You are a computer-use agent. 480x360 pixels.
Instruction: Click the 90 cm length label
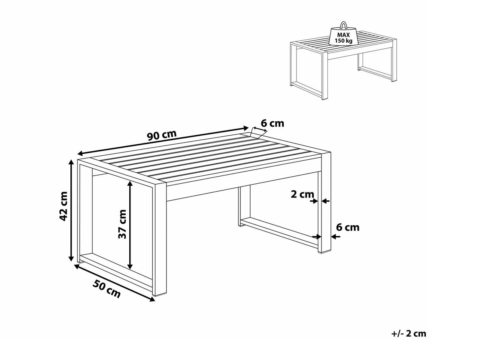click(162, 135)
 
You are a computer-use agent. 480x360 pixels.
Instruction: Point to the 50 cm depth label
click(106, 288)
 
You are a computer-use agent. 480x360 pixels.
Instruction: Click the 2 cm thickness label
click(302, 194)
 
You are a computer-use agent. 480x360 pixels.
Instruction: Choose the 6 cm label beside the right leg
click(348, 227)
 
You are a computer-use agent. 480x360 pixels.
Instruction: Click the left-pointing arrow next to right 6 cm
click(334, 237)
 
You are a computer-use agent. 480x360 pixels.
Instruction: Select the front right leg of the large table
click(161, 241)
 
